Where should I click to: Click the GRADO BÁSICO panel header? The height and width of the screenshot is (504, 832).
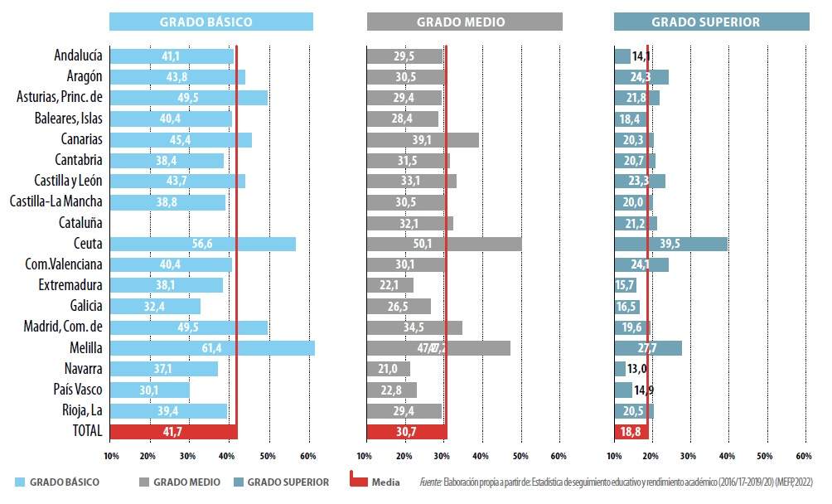click(211, 22)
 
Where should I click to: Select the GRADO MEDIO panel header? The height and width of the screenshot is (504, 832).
click(464, 22)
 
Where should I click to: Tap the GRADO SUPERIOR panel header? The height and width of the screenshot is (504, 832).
click(711, 22)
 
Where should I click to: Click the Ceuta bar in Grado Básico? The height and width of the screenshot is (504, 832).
click(202, 244)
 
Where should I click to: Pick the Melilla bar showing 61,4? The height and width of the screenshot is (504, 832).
click(212, 348)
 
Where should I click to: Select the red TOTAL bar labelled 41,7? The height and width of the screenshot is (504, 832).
click(173, 431)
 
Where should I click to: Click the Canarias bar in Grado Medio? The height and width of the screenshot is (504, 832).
click(423, 140)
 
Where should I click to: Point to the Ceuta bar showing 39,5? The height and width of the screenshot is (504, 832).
click(671, 244)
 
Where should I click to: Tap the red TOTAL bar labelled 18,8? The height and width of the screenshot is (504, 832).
click(631, 431)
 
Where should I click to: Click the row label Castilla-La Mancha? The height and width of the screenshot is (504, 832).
click(56, 201)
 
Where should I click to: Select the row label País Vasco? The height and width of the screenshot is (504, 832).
click(76, 390)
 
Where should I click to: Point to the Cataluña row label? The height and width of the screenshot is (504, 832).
click(80, 222)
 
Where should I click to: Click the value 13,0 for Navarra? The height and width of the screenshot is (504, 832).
click(637, 369)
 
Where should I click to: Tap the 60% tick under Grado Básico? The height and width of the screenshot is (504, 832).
click(307, 456)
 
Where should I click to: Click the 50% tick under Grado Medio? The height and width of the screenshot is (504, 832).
click(520, 456)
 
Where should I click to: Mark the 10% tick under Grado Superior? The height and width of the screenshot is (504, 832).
click(614, 456)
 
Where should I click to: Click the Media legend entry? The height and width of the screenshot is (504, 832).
click(385, 482)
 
